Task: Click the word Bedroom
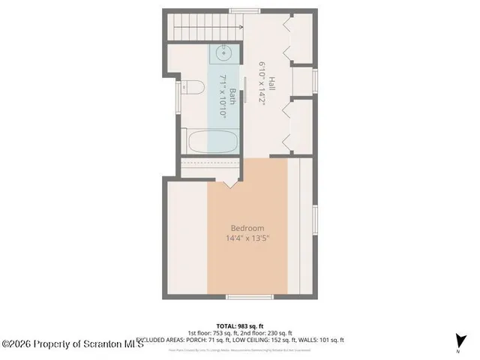(x=247, y=228)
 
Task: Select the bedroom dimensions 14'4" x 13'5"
(x=247, y=238)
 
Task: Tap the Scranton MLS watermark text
(x=63, y=344)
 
